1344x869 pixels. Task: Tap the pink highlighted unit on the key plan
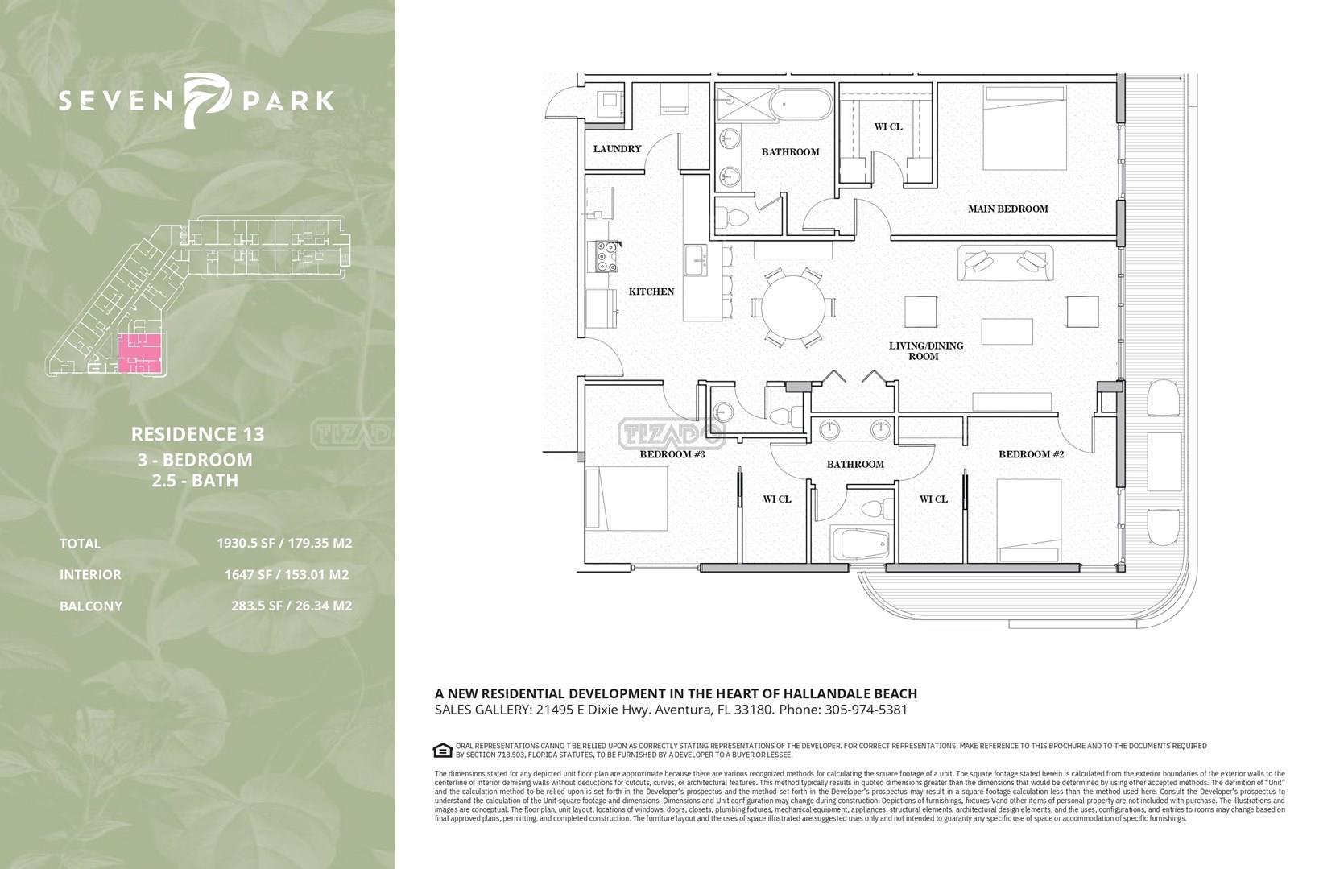(139, 354)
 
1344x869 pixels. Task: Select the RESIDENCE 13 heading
(197, 434)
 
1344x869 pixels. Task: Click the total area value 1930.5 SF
(246, 543)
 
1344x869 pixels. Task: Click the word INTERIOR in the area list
(90, 574)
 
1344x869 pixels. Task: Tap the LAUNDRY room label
(617, 149)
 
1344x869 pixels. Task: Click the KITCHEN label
(651, 292)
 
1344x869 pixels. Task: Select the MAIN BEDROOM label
(1008, 209)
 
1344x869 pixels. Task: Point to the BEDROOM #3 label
(672, 454)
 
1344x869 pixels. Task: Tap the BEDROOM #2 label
(1031, 454)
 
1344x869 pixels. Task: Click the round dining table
(792, 308)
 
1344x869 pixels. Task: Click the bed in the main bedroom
(1025, 127)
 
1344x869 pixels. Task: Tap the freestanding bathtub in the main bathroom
(801, 105)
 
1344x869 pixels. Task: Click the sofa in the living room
(1005, 263)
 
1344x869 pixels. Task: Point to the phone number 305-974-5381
(866, 710)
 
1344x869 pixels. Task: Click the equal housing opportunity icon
(442, 750)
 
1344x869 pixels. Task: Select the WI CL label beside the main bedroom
(888, 126)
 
